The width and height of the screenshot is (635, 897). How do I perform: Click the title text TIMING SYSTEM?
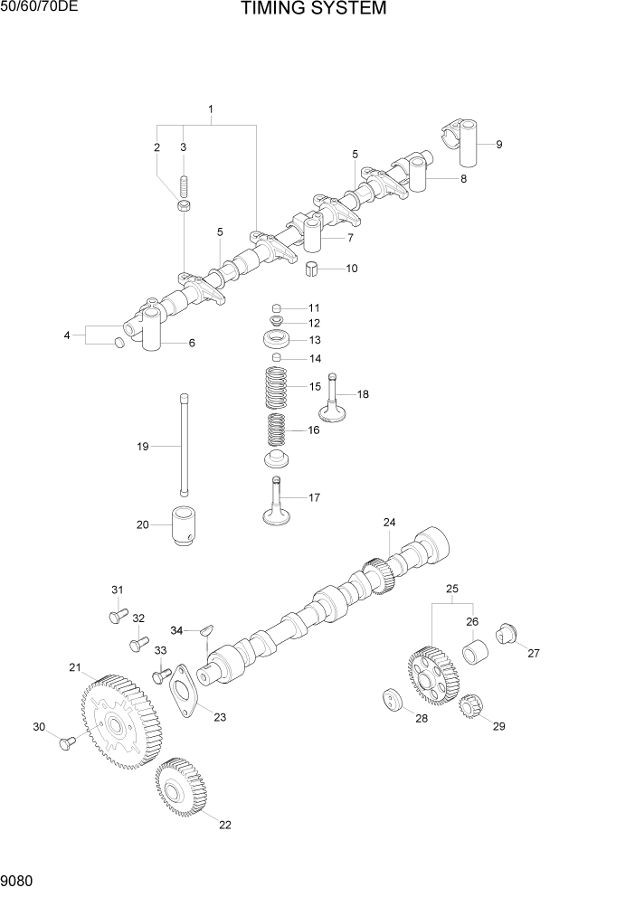(314, 10)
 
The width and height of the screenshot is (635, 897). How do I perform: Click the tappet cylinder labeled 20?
(185, 527)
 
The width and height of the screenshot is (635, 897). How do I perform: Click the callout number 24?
(389, 523)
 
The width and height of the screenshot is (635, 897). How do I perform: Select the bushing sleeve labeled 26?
(476, 652)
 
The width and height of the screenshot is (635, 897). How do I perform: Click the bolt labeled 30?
(66, 741)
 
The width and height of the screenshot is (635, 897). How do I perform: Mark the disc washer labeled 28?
(392, 702)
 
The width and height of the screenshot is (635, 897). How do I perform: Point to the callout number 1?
(210, 109)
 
